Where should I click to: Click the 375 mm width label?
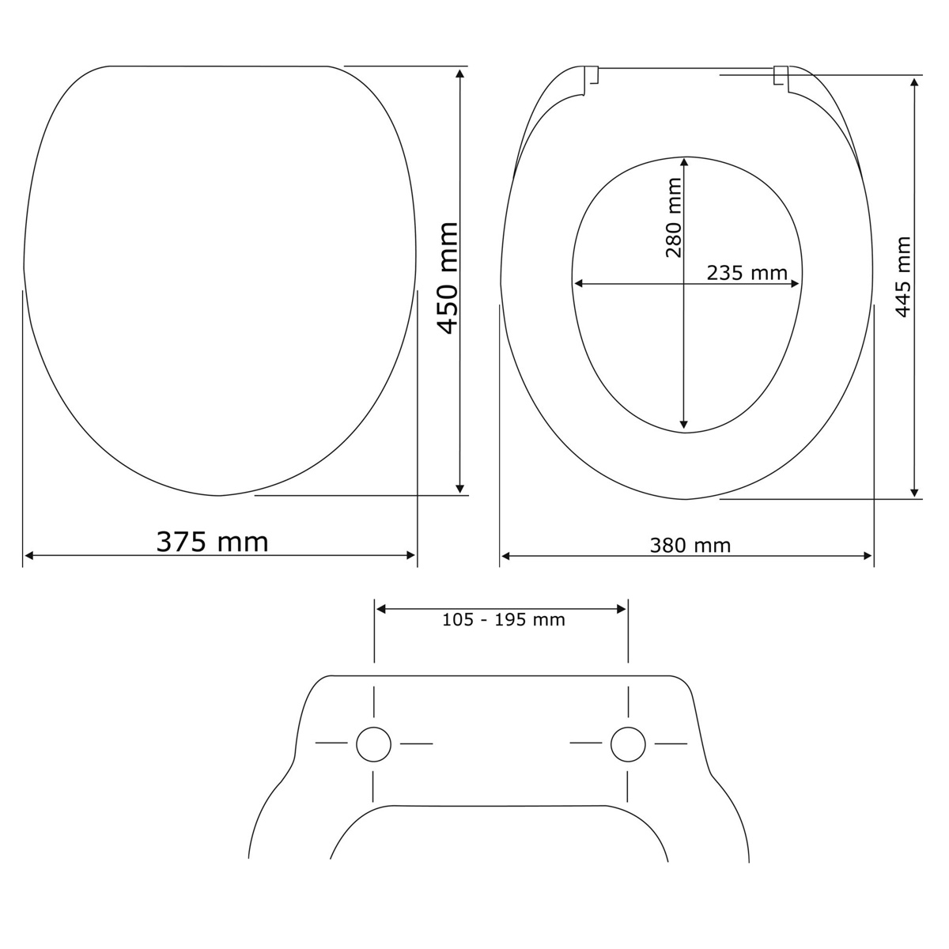point(212,542)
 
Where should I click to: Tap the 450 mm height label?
point(448,278)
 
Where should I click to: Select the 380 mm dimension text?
point(690,545)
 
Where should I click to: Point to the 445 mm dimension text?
point(902,277)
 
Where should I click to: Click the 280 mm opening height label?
point(673,217)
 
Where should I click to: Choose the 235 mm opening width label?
point(747,273)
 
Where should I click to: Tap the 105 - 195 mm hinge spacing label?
point(503,619)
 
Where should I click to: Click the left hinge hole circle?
point(374,744)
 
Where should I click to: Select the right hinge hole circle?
point(628,744)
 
